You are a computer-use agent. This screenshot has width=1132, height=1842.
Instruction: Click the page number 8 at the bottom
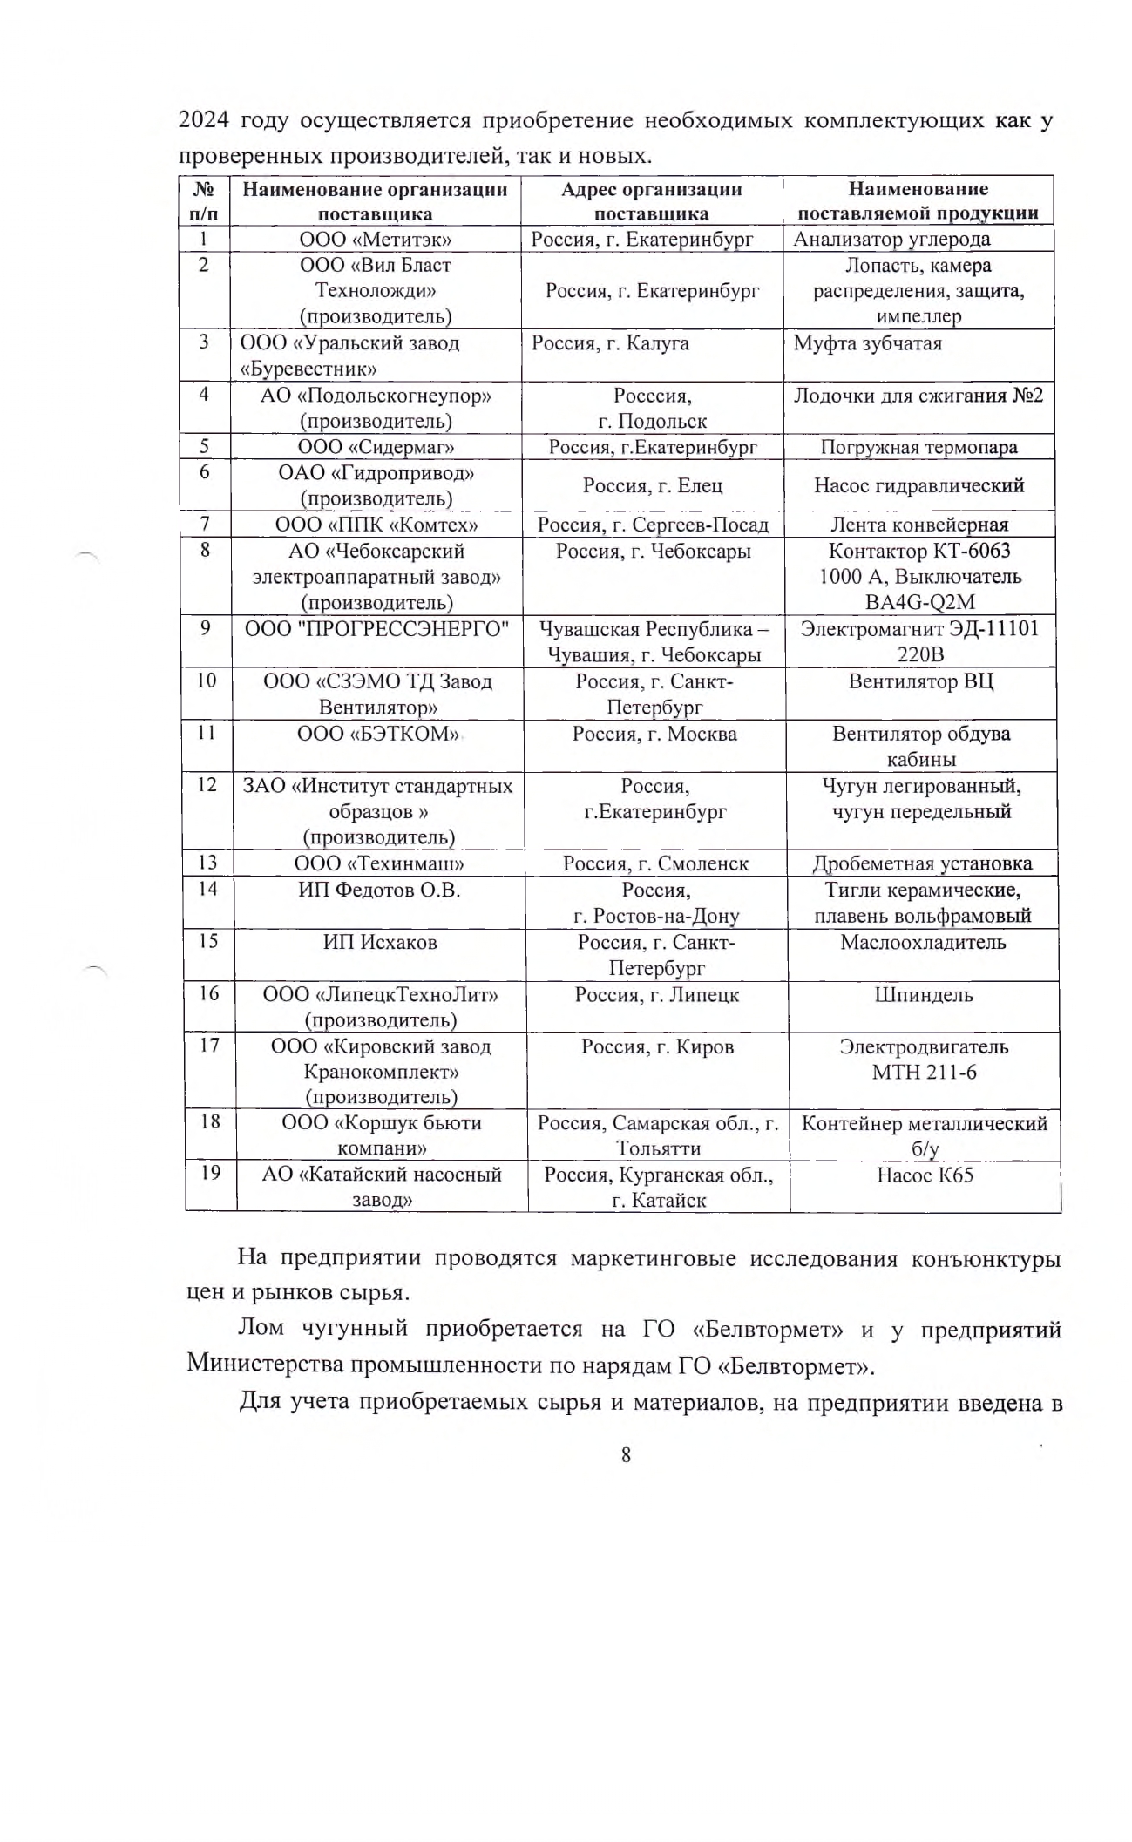click(x=626, y=1453)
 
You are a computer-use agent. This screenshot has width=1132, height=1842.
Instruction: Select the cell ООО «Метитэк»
click(x=375, y=239)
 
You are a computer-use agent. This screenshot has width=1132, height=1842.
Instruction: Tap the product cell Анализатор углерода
click(x=891, y=239)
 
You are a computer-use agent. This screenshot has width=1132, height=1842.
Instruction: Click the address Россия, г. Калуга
click(x=610, y=342)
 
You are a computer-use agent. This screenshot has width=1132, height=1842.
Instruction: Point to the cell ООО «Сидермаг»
click(x=376, y=447)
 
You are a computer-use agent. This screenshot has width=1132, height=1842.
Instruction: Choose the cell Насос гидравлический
click(x=918, y=485)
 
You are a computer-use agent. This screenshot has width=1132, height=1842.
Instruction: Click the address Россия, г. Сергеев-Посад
click(x=653, y=525)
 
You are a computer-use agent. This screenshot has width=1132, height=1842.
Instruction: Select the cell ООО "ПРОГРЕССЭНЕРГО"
click(x=376, y=628)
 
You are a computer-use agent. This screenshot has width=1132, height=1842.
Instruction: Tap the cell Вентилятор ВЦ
click(x=920, y=681)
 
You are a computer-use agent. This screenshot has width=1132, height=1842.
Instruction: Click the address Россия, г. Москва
click(x=654, y=734)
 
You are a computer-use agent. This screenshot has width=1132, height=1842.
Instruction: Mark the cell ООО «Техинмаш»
click(x=378, y=863)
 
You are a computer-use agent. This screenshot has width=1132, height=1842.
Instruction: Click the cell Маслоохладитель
click(x=923, y=942)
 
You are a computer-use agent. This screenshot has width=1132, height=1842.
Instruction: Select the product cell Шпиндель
click(x=924, y=994)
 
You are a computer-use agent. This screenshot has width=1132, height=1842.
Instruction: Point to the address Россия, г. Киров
click(x=657, y=1046)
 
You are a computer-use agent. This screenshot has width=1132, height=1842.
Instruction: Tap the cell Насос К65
click(x=925, y=1175)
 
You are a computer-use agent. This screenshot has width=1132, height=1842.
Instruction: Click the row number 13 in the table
click(x=207, y=863)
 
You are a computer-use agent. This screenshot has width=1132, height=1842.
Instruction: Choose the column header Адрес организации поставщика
click(x=651, y=201)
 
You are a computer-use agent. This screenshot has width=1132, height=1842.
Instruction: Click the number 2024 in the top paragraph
click(x=204, y=120)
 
